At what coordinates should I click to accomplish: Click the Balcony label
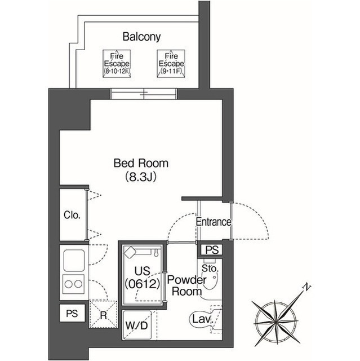tap(141, 37)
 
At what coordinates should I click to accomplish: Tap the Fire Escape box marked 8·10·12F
tap(117, 63)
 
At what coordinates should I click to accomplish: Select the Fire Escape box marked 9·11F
tap(170, 63)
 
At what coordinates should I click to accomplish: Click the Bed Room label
tap(141, 164)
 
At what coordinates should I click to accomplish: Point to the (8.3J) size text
tap(141, 177)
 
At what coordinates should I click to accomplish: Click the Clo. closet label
tap(72, 215)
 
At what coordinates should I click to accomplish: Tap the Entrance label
tap(213, 222)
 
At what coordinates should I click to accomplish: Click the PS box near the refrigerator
tap(72, 314)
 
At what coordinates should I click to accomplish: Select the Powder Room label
tap(186, 285)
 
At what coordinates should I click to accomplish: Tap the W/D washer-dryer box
tap(137, 325)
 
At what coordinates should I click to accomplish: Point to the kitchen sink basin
tap(74, 260)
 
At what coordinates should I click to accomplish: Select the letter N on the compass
tap(307, 287)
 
